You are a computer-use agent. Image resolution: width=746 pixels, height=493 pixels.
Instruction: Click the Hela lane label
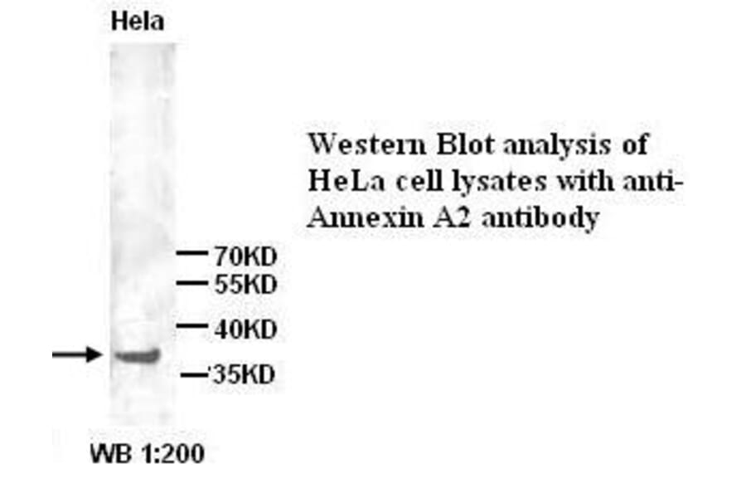(x=138, y=22)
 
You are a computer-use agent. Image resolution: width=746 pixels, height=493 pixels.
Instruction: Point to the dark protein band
(x=136, y=356)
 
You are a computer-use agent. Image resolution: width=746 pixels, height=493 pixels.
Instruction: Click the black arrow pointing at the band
(x=77, y=355)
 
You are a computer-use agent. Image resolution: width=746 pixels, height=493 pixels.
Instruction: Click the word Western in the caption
(x=364, y=144)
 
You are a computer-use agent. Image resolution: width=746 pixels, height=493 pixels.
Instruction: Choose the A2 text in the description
(x=434, y=219)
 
